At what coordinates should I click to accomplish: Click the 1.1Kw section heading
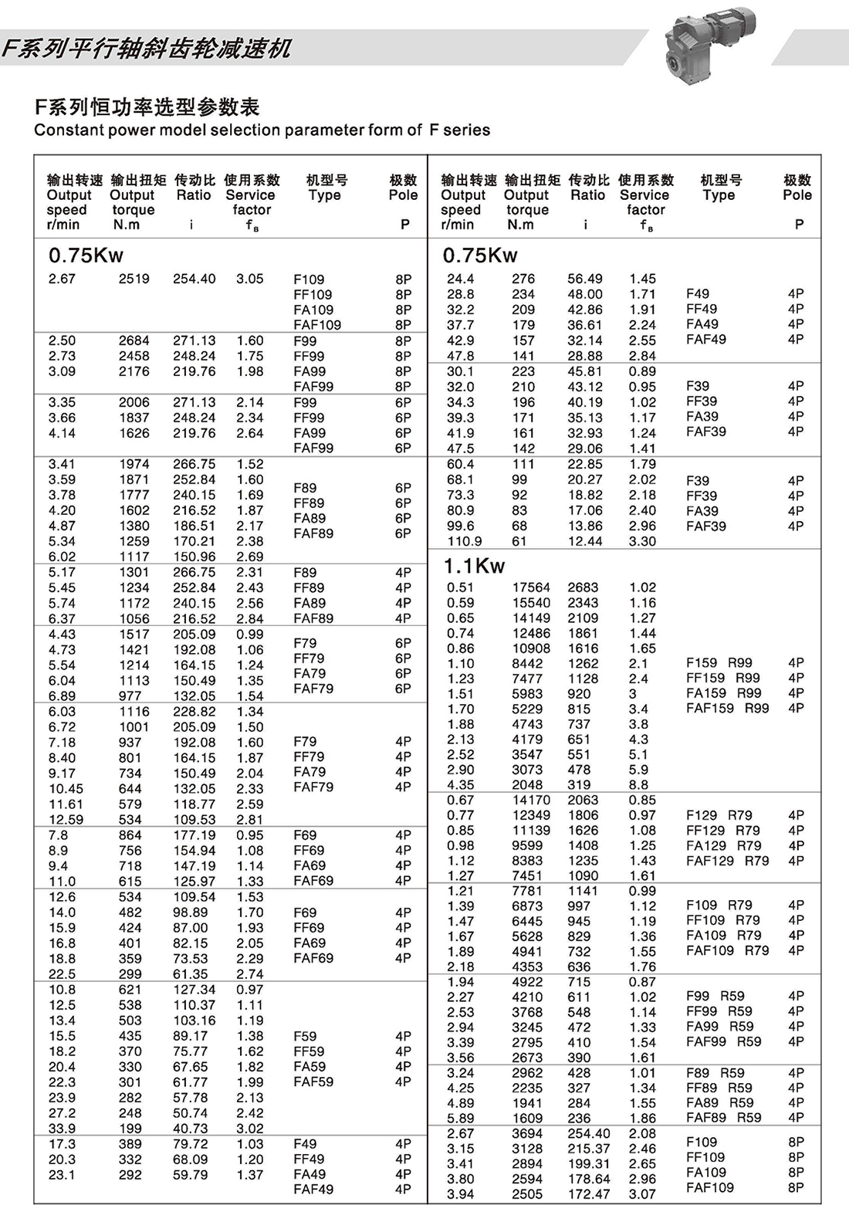(474, 566)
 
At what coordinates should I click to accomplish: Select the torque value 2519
(134, 279)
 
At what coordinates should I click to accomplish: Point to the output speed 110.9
(464, 541)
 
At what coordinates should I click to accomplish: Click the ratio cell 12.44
(585, 541)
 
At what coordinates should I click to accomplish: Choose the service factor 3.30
(642, 541)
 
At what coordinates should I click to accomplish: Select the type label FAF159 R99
(727, 708)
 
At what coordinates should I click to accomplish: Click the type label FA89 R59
(719, 1102)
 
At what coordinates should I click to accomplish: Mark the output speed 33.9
(62, 1129)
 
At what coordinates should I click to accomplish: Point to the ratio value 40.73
(191, 1129)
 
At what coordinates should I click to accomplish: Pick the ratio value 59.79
(191, 1175)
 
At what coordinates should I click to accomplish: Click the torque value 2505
(527, 1194)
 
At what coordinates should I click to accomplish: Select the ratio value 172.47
(589, 1194)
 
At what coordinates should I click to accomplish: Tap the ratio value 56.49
(585, 279)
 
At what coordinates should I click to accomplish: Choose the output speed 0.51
(460, 587)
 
